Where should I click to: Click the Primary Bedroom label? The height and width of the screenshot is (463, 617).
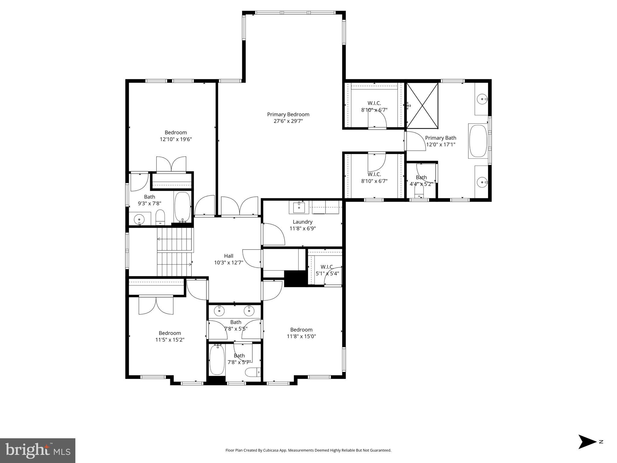(x=288, y=115)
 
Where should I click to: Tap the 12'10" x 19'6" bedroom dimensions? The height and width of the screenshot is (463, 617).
(x=176, y=139)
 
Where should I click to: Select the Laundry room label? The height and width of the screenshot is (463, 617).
(x=302, y=222)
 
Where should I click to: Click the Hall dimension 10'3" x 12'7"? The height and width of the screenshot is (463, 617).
(x=228, y=263)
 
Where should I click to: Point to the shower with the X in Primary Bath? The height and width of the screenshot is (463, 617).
(x=422, y=106)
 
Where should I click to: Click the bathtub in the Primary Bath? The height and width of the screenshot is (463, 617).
(x=478, y=141)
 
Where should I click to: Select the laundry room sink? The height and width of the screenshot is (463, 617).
(x=299, y=207)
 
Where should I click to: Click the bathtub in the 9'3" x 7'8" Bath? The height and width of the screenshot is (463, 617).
(x=183, y=207)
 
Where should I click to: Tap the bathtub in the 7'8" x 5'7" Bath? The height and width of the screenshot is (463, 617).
(x=217, y=360)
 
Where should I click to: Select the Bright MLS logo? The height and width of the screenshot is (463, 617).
(x=38, y=450)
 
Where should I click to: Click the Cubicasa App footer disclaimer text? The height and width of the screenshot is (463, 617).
(x=308, y=450)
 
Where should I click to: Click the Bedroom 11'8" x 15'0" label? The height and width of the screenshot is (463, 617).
(x=301, y=330)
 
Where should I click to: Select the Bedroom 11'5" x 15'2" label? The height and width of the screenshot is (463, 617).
(x=170, y=333)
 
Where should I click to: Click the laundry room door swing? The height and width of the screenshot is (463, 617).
(x=274, y=234)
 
